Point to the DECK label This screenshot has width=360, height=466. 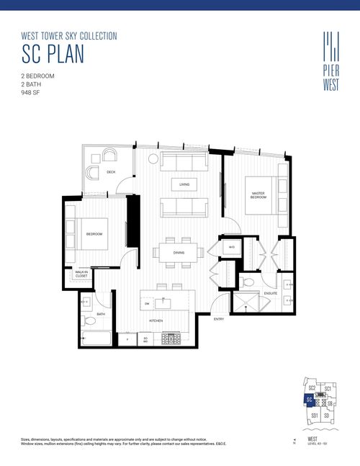point(111,172)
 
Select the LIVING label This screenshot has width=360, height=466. point(184,185)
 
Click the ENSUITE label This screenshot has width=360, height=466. point(270,293)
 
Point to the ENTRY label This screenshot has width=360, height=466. point(219,318)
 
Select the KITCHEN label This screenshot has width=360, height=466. point(156,321)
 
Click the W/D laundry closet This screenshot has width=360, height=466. point(232,248)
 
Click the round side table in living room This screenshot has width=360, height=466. point(153,158)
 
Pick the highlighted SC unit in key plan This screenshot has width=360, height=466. point(309,400)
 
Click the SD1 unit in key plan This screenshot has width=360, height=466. point(314,416)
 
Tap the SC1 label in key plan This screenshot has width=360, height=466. point(328,389)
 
